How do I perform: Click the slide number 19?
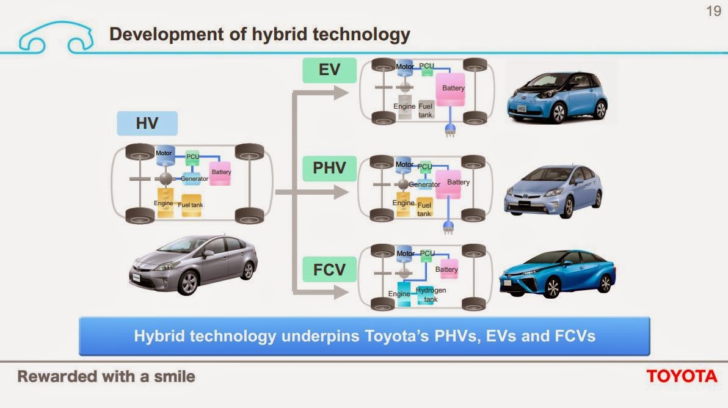click(713, 11)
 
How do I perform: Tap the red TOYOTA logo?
click(682, 376)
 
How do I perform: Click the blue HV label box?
click(147, 123)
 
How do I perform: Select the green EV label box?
click(329, 70)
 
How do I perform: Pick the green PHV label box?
click(329, 168)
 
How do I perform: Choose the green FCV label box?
click(329, 269)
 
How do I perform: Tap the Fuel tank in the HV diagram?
click(190, 205)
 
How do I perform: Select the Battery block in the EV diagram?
click(453, 89)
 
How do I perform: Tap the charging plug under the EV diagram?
click(450, 130)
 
